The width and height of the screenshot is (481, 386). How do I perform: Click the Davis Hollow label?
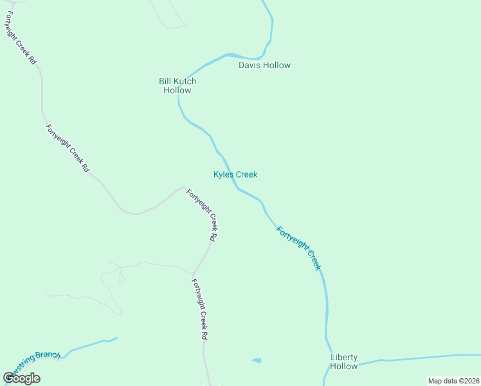coord(264,65)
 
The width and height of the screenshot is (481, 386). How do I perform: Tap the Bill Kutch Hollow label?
coord(177,86)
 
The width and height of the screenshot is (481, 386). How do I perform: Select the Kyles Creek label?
coord(235,174)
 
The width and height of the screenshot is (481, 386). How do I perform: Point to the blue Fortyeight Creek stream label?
coord(298,247)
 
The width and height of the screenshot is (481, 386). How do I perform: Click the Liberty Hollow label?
coord(343,362)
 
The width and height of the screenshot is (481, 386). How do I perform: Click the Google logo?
coord(21,378)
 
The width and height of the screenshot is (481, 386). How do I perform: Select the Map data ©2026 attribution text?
coord(453,381)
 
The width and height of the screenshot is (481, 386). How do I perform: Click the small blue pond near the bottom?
coord(257,360)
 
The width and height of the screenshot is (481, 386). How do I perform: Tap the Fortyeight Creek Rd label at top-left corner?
coord(21,37)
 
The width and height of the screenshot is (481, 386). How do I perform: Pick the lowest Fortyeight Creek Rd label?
coord(199,309)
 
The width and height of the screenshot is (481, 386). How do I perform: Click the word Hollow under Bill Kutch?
coord(177,90)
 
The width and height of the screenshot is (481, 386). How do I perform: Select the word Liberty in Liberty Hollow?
coord(343,357)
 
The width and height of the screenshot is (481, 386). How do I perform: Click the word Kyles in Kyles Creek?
coord(223,174)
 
